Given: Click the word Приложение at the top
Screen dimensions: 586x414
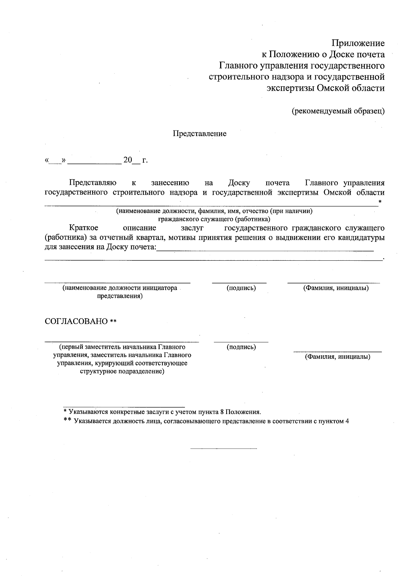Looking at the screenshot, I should pyautogui.click(x=358, y=44).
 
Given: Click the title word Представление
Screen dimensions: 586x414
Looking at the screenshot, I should pyautogui.click(x=199, y=134).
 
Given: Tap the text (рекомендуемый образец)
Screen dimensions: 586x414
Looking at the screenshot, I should pyautogui.click(x=338, y=111).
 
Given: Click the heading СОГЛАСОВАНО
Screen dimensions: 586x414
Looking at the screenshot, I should pyautogui.click(x=76, y=321).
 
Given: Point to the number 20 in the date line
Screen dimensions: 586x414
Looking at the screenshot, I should pyautogui.click(x=128, y=160).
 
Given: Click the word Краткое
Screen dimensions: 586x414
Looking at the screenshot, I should pyautogui.click(x=83, y=228).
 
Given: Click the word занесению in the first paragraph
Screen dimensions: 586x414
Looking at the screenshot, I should pyautogui.click(x=170, y=183).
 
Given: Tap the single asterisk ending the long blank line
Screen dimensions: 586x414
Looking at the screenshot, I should pyautogui.click(x=380, y=201).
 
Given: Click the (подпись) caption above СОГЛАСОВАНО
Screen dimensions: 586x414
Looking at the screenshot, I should pyautogui.click(x=241, y=288).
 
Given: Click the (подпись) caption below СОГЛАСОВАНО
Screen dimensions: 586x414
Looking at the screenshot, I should pyautogui.click(x=241, y=347).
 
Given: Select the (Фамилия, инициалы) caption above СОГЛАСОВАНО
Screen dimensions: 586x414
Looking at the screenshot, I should pyautogui.click(x=336, y=288).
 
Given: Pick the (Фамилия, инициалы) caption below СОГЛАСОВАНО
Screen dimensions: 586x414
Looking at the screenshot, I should pyautogui.click(x=337, y=357).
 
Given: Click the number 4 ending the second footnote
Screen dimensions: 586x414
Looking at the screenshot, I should pyautogui.click(x=347, y=421).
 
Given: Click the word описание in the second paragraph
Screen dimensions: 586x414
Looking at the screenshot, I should pyautogui.click(x=139, y=228).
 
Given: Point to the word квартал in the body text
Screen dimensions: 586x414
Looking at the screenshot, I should pyautogui.click(x=148, y=238).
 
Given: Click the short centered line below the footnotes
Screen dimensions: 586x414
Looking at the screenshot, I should pyautogui.click(x=224, y=449).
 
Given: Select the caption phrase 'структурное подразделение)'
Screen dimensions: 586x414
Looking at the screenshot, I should pyautogui.click(x=122, y=372).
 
